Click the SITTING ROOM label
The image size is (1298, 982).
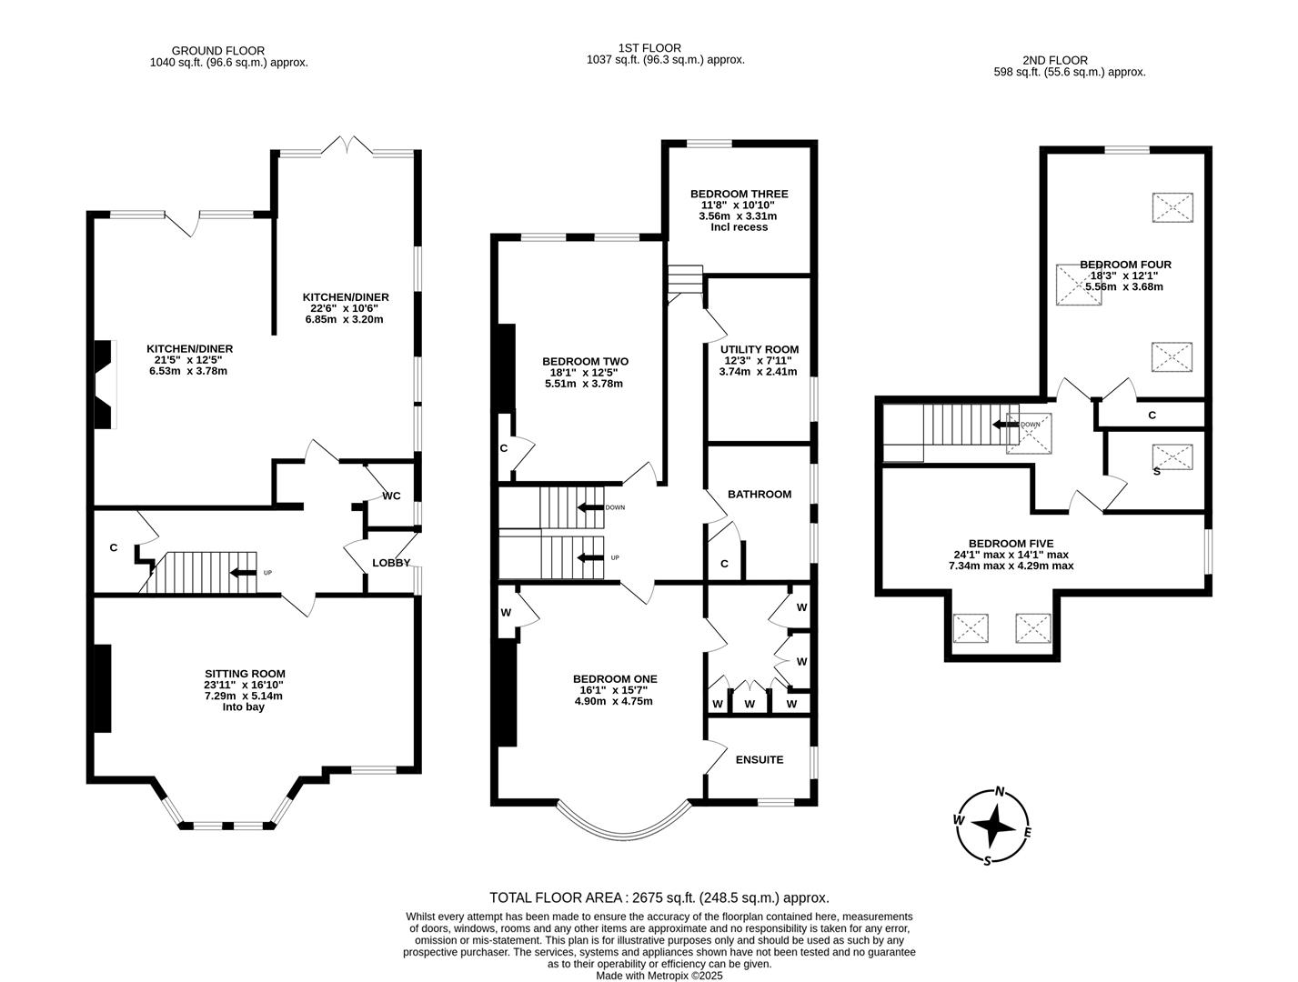click(245, 674)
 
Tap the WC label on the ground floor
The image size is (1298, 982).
click(391, 496)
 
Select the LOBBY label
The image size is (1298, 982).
click(391, 563)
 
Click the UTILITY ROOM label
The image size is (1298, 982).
click(760, 349)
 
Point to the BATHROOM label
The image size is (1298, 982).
click(760, 494)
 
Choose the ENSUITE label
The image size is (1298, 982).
click(760, 760)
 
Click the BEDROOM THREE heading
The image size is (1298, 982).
click(740, 194)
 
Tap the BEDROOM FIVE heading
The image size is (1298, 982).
click(1011, 544)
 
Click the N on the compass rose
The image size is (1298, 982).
click(1000, 792)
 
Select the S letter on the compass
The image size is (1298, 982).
click(987, 861)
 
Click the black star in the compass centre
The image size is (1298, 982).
click(993, 826)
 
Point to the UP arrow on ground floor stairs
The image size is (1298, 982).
click(243, 573)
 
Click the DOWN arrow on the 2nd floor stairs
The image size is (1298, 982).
click(1005, 425)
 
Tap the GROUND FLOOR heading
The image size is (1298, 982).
click(218, 52)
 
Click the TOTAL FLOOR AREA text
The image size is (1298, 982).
click(659, 898)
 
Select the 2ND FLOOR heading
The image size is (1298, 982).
click(1055, 60)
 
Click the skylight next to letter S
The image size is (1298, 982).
click(1172, 456)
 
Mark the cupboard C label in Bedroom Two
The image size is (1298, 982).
click(503, 448)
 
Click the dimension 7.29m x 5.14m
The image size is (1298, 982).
click(244, 696)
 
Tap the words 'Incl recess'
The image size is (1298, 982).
click(740, 227)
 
